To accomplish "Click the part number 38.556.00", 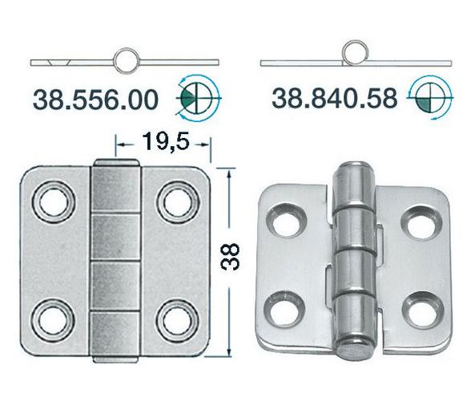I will (95, 99).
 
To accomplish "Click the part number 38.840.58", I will (334, 99).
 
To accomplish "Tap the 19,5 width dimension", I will (164, 144).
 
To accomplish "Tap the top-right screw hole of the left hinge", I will (175, 201).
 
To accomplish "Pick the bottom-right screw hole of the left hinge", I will (175, 319).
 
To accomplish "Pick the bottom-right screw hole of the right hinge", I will (418, 310).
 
